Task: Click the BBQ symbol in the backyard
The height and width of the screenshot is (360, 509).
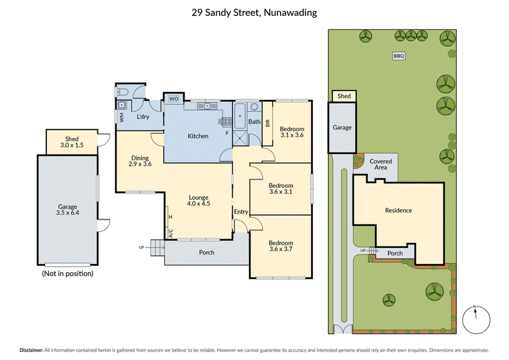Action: pos(399,56)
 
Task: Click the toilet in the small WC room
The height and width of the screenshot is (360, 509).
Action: pos(122,92)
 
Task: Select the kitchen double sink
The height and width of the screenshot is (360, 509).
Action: pos(207,106)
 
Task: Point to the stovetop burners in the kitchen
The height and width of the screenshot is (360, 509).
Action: pos(227,121)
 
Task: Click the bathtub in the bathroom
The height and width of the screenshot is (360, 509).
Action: pos(241,116)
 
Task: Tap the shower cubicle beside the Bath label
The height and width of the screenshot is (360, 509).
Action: pos(241,139)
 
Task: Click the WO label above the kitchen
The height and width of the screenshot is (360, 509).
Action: pos(174,99)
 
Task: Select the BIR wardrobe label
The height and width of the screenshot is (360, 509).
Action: pos(268,123)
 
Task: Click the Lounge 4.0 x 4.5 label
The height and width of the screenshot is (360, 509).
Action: pos(199,200)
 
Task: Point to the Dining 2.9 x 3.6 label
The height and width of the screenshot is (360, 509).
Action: pos(140,161)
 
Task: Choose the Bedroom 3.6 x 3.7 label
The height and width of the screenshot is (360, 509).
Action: pos(281,246)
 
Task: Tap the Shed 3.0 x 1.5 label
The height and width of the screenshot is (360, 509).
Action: pos(72,142)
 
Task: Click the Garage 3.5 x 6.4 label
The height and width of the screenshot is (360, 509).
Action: pos(67,210)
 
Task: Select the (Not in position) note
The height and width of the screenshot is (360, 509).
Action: pos(67,273)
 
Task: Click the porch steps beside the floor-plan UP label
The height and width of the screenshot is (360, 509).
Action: pos(158,247)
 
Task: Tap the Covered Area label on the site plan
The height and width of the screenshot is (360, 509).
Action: pos(380,164)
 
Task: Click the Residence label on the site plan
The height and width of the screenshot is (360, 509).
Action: pos(398,211)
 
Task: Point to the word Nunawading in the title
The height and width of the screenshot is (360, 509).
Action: pos(290,13)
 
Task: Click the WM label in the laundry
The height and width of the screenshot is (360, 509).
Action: pos(122,118)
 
